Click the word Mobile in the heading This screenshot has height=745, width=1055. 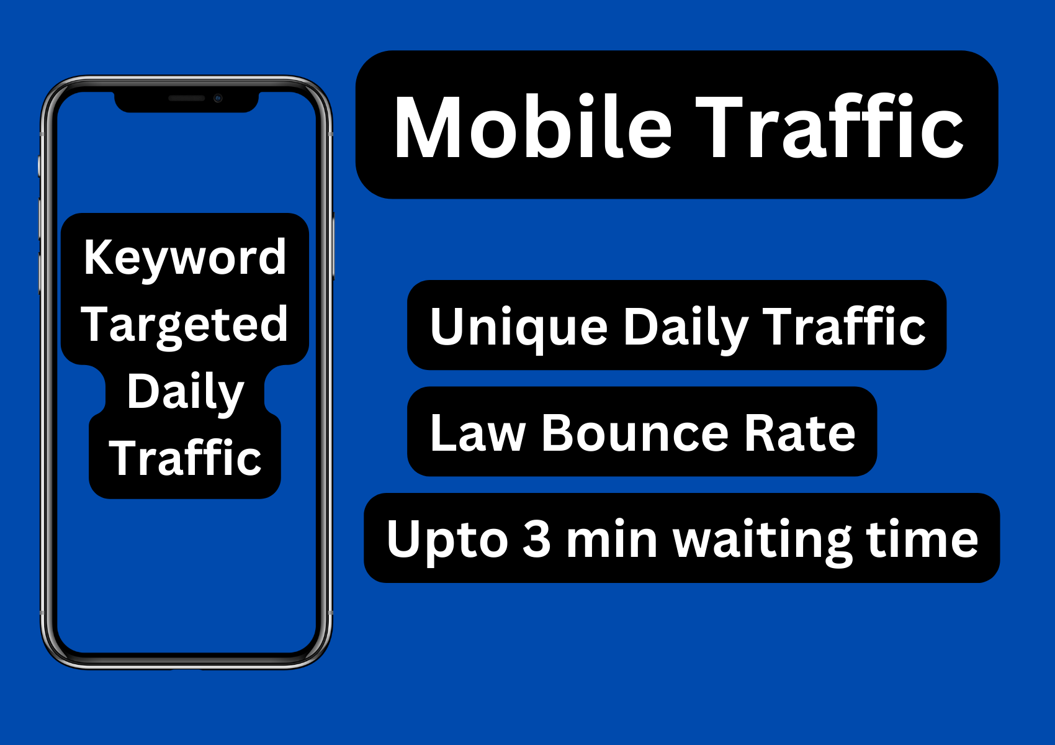tap(532, 126)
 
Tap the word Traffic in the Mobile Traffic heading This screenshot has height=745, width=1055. tap(829, 125)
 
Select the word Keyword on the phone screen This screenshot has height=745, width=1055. tap(185, 259)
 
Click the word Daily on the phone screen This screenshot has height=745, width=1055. tap(185, 393)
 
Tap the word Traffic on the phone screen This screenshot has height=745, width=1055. tap(185, 456)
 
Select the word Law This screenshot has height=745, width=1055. tap(478, 433)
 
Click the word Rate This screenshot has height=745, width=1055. tap(800, 433)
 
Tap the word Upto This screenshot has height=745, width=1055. tap(447, 541)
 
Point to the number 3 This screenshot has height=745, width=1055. tap(536, 539)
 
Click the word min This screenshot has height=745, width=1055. tap(611, 539)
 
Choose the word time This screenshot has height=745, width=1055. tap(922, 539)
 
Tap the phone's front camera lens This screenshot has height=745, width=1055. tap(218, 98)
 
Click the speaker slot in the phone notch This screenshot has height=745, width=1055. tap(187, 98)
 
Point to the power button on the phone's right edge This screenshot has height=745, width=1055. tap(333, 246)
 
